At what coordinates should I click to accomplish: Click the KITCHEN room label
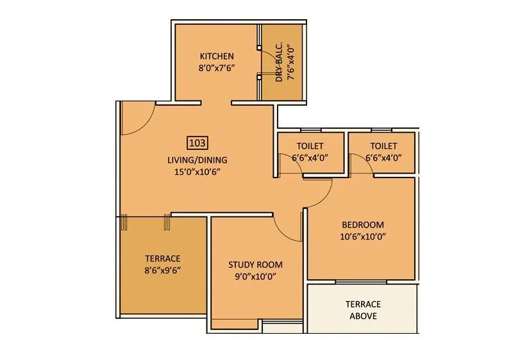216,56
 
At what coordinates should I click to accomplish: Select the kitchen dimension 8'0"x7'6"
216,67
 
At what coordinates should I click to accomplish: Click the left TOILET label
310,146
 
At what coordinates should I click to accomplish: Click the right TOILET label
383,146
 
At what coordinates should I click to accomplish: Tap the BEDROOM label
362,225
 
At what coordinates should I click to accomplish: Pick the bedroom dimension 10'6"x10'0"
362,236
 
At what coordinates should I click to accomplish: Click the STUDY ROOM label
255,265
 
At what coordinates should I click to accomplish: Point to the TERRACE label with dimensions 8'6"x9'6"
163,258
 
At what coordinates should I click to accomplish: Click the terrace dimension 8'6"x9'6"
163,270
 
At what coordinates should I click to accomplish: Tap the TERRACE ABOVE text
363,310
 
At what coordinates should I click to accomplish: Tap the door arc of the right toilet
359,167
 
